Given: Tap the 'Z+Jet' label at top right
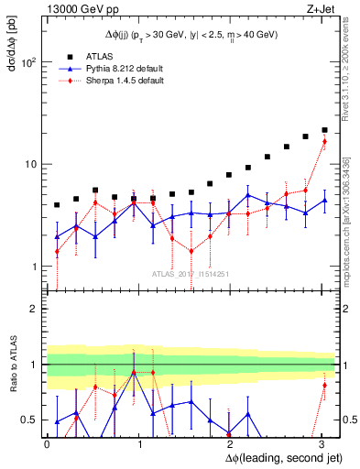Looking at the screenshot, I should [x=319, y=10].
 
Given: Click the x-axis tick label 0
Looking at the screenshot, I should [x=47, y=443].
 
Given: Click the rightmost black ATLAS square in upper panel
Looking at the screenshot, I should [x=324, y=130].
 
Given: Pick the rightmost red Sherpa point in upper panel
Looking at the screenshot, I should [x=324, y=141].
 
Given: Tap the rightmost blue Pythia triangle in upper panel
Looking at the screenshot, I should [x=324, y=201].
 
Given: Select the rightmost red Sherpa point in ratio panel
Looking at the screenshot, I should [x=324, y=385].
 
